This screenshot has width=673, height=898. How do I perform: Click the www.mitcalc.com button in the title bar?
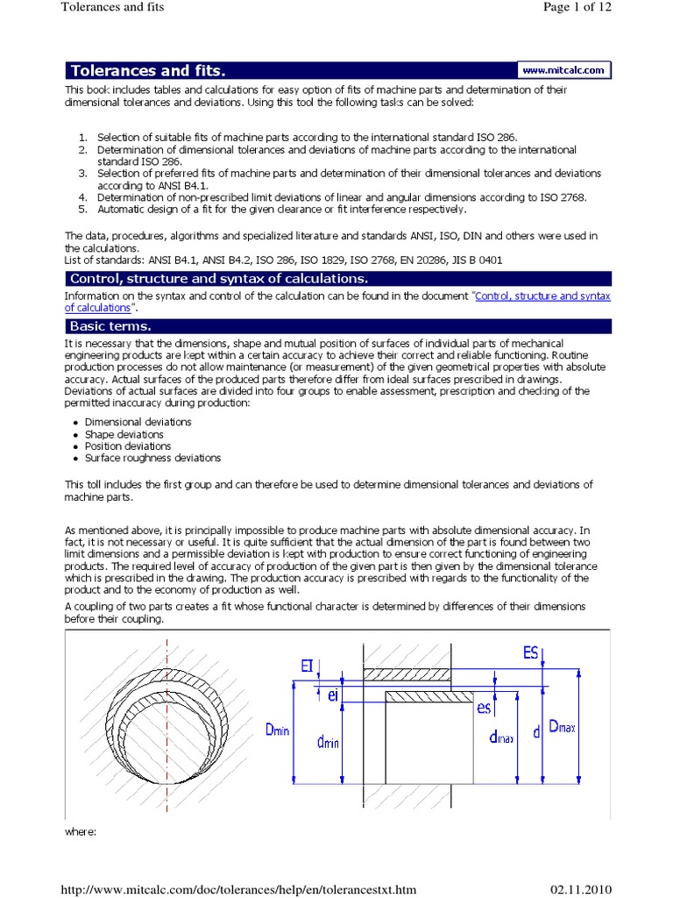point(563,69)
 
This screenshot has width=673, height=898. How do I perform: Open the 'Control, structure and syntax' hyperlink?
point(542,296)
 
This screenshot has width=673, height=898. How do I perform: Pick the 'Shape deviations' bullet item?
point(124,434)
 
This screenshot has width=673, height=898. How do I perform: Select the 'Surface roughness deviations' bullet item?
point(152,458)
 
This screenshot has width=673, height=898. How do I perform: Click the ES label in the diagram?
point(529,652)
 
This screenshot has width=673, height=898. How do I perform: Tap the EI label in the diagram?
point(308,667)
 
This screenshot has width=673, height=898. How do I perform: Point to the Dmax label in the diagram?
point(562,727)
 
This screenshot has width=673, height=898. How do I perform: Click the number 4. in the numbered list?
point(83,197)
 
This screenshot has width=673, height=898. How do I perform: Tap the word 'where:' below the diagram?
point(84,830)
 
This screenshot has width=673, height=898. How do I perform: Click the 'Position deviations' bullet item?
point(128,446)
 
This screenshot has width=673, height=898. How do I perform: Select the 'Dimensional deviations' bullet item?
point(138,422)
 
